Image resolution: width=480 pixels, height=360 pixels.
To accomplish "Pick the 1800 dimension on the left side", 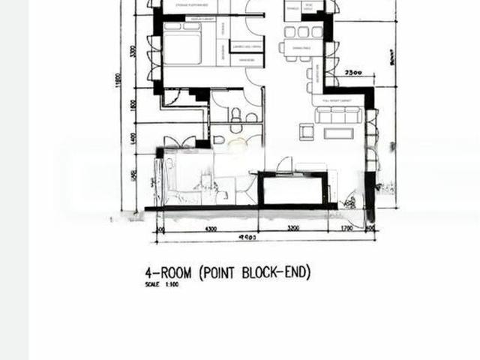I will pos(133,106).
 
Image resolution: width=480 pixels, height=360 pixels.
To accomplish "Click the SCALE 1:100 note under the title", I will pos(156,285).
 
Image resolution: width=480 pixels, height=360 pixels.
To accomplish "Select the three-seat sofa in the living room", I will pos(339,115).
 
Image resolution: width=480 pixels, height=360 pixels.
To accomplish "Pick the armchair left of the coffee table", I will pos(307,133).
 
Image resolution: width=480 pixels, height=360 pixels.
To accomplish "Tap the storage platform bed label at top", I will pos(191,6).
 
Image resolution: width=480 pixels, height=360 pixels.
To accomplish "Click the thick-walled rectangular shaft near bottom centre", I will pos(293,190).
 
